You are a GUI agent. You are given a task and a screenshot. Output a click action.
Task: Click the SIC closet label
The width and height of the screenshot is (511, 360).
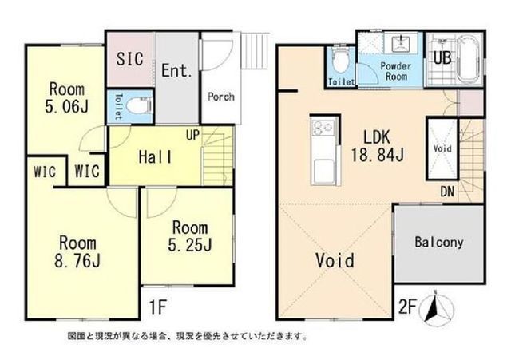(129, 59)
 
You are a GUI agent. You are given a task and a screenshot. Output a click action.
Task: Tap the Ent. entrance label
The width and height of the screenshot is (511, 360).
(176, 70)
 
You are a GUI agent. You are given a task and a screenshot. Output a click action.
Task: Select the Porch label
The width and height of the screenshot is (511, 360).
(220, 97)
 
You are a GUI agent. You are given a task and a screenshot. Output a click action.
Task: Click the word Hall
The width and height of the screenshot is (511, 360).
(154, 157)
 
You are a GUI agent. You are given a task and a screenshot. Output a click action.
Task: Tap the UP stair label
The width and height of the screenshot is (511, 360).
(193, 136)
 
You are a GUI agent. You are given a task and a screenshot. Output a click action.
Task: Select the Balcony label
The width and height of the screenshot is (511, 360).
(438, 241)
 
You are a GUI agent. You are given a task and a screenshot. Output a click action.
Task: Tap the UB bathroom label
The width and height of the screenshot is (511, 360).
(441, 57)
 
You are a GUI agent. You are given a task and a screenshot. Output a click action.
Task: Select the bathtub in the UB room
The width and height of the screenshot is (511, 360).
(466, 60)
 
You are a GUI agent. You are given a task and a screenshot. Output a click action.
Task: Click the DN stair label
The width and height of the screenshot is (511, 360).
(447, 191)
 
